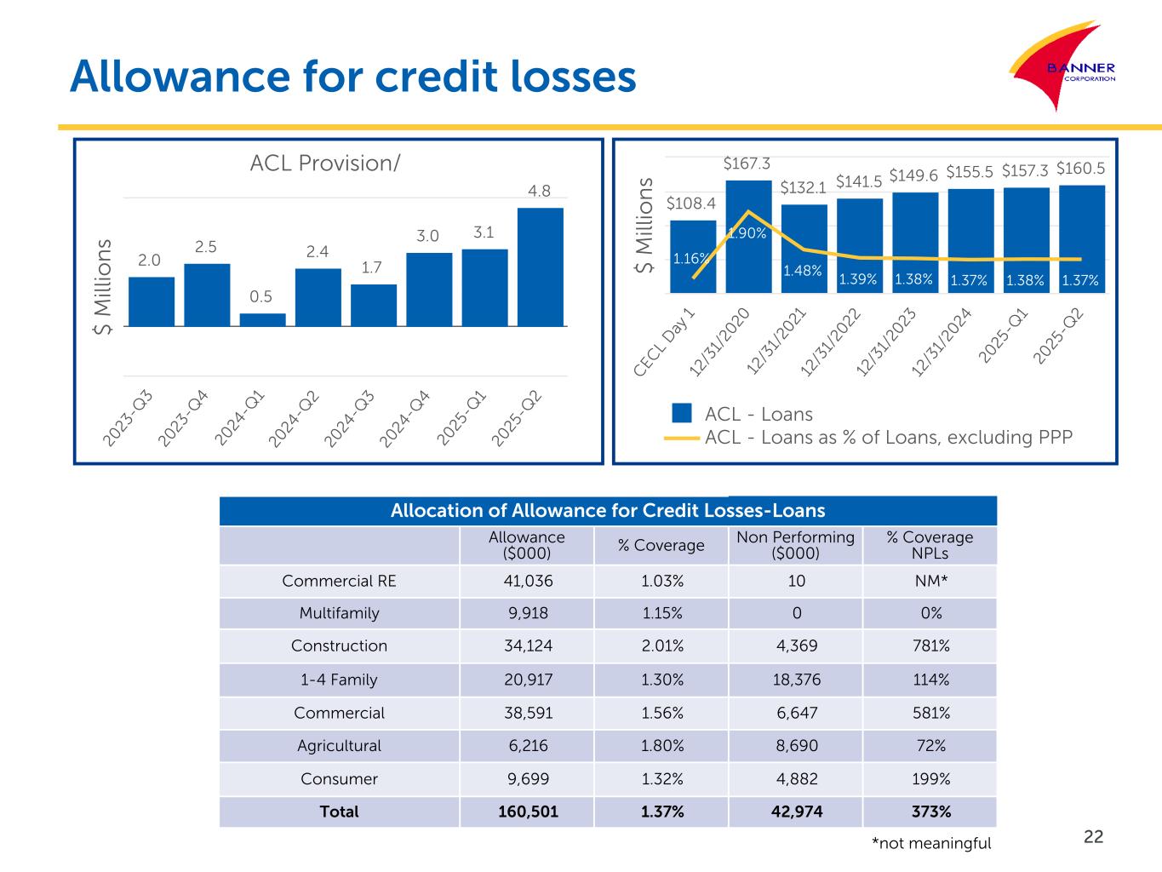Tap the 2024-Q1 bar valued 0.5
coord(262,320)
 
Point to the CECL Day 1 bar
coord(693,256)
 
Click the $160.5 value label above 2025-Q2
coord(1080,168)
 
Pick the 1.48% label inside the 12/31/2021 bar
coord(803,271)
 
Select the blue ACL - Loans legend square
coord(682,414)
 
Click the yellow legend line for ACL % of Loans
coord(681,438)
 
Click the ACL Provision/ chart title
coord(324,163)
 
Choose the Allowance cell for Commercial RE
coord(526,581)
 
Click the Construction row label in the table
coord(339,645)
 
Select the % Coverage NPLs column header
coord(929,545)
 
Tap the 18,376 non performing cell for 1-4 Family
coord(795,680)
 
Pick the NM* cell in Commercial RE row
coord(930,581)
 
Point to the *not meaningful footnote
coord(931,843)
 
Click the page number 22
coord(1093,836)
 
